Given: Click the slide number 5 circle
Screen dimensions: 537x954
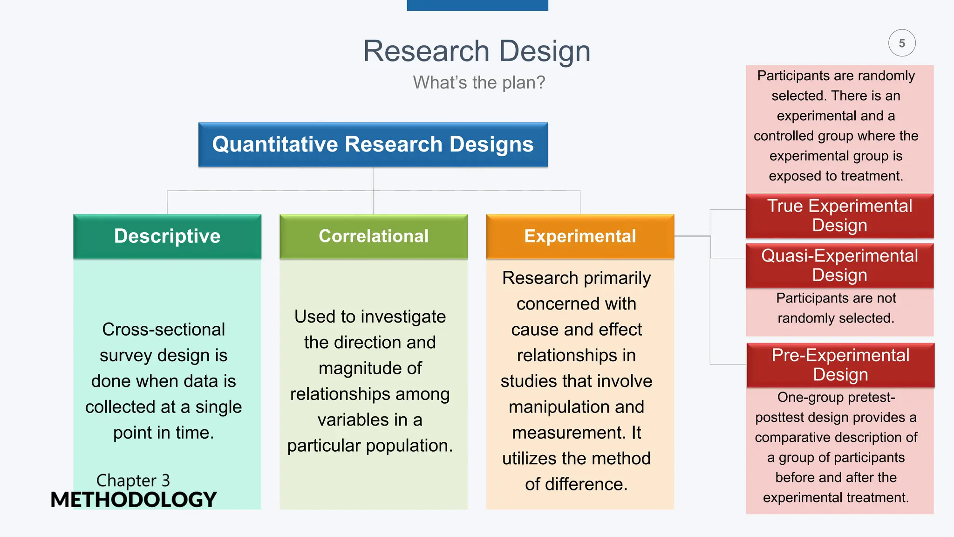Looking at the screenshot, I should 902,43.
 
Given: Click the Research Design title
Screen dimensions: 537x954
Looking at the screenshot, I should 477,51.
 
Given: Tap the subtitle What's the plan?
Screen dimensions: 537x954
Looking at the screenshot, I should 479,83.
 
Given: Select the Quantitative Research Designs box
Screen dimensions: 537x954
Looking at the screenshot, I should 373,145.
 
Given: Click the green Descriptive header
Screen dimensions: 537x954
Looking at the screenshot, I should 167,236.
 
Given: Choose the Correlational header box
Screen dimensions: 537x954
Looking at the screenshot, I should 374,236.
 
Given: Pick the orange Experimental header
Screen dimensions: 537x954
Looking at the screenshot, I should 580,236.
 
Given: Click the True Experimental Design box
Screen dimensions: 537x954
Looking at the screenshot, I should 839,215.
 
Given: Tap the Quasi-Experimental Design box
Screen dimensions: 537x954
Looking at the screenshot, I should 839,265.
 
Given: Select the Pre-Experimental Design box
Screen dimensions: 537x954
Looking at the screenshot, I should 840,365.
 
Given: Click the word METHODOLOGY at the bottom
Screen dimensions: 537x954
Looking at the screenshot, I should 134,500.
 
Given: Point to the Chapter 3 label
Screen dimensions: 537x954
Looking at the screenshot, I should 133,480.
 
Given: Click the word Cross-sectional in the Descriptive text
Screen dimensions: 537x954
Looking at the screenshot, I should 164,330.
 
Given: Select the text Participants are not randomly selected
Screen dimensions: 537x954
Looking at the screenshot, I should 836,308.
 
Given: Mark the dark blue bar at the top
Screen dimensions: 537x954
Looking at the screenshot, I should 477,5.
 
